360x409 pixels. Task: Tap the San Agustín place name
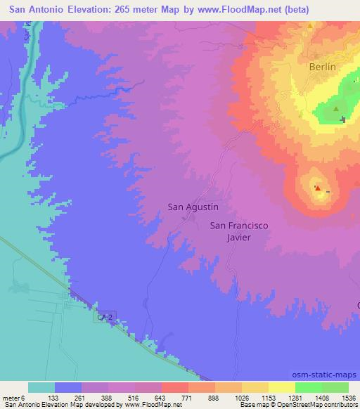[x=193, y=207]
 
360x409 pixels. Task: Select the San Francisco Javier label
[x=239, y=231]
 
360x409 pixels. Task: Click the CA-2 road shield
[x=102, y=318]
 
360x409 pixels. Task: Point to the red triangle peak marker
[x=317, y=188]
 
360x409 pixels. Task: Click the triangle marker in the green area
[x=335, y=109]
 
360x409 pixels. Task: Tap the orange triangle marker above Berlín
[x=309, y=25]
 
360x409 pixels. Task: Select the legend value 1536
[x=348, y=397]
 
